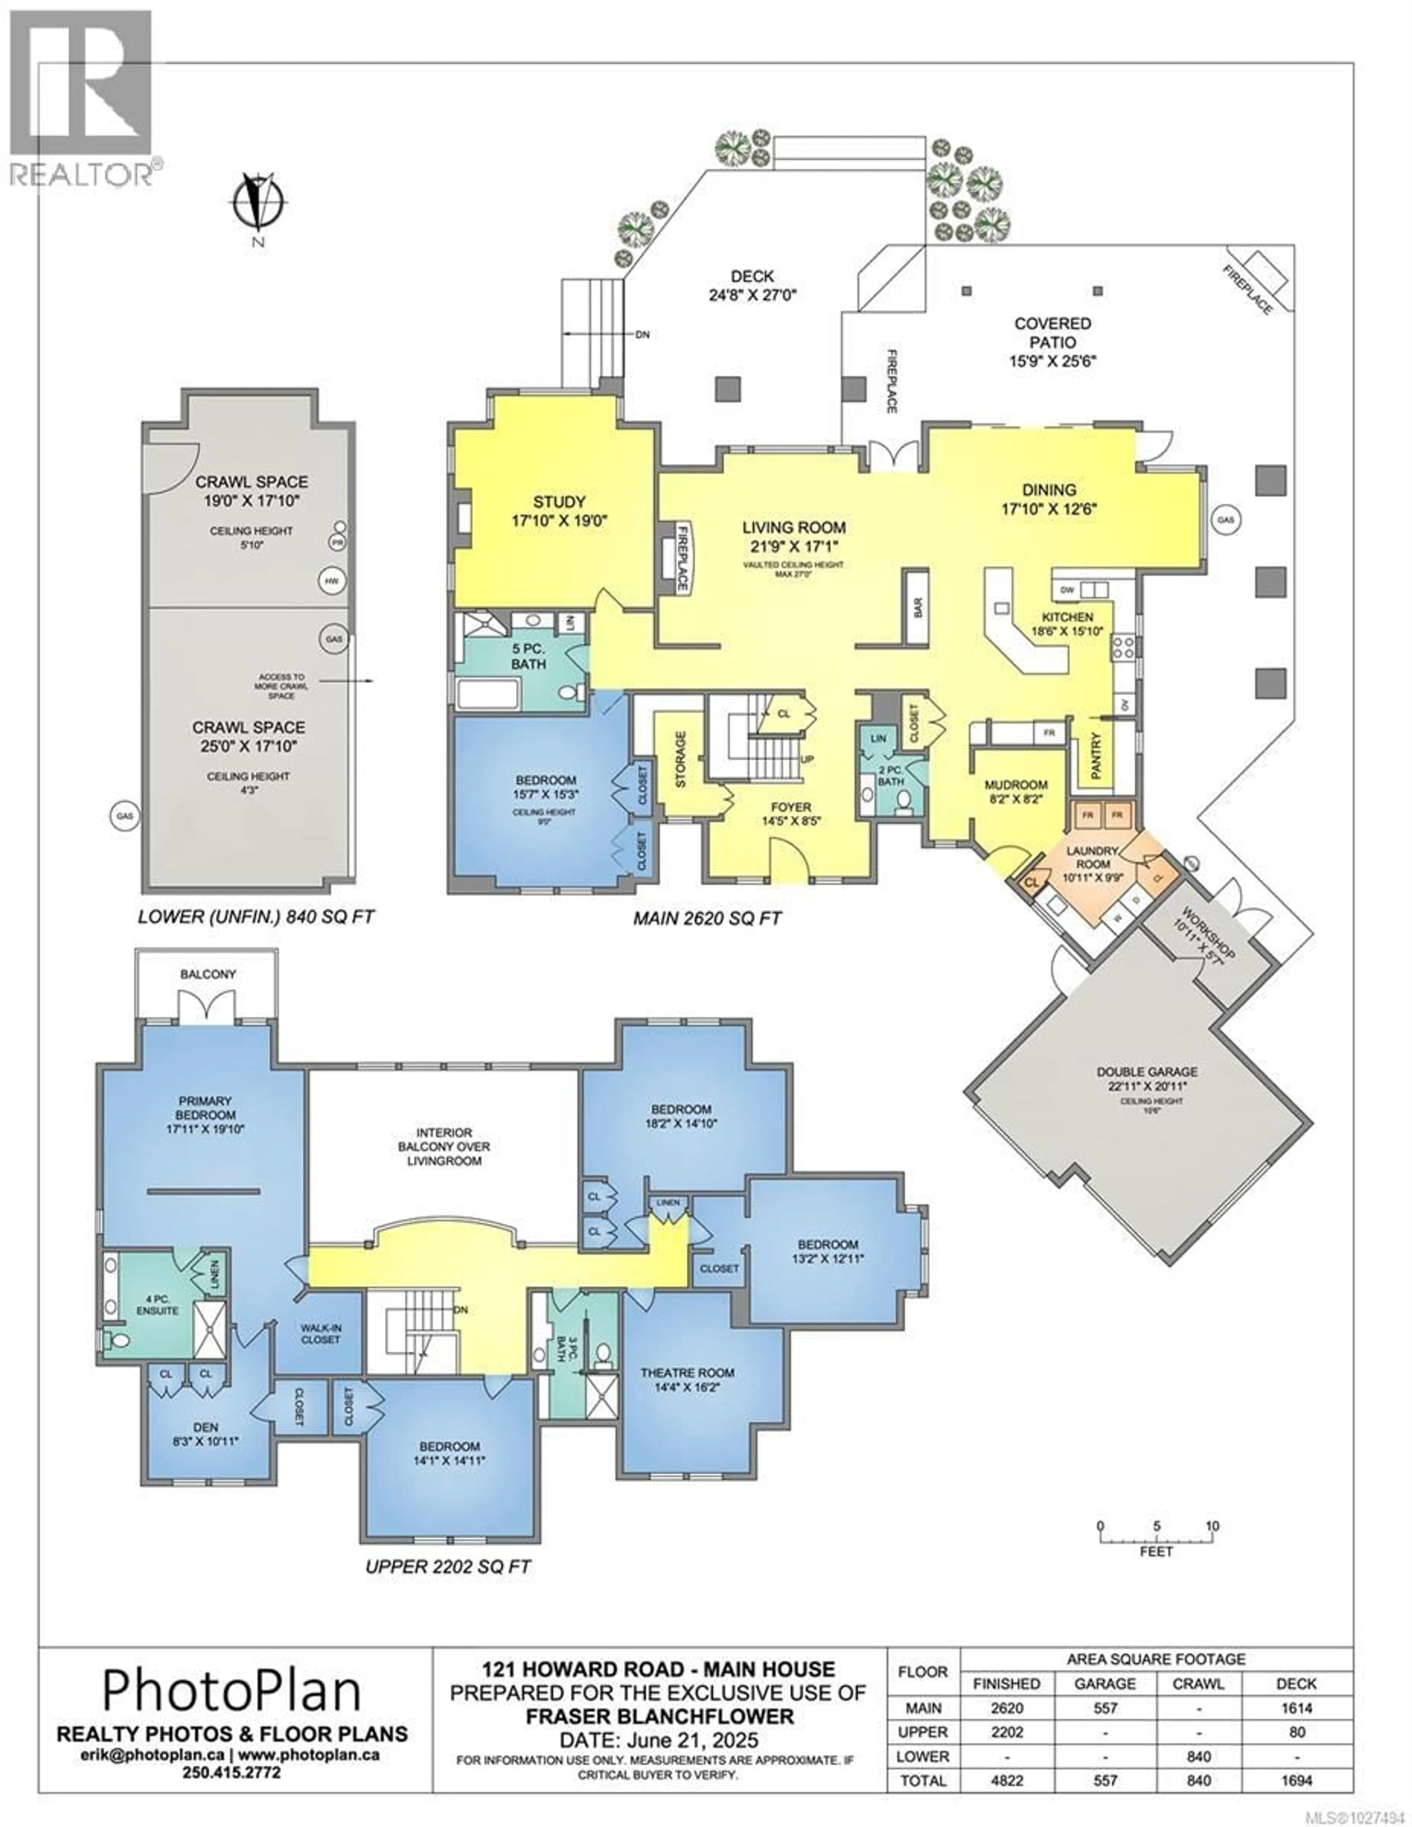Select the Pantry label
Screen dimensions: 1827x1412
pyautogui.click(x=1096, y=753)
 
